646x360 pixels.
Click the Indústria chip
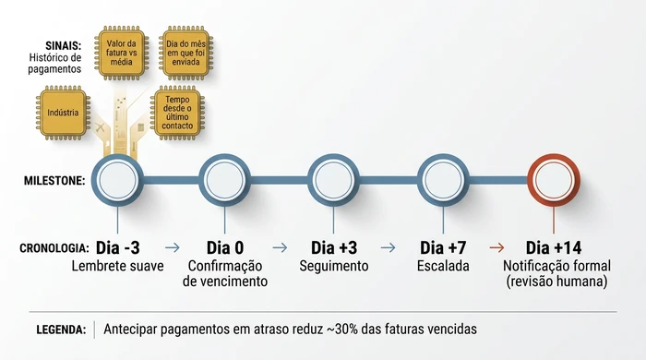62,114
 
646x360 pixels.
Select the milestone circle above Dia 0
225,179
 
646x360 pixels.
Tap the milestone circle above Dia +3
334,179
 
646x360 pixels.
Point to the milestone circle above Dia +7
444,179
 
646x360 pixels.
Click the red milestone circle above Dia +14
553,179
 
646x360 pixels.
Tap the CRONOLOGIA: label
54,248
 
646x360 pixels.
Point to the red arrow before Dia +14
496,247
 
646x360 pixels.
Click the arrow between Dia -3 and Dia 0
172,247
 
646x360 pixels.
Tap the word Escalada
444,266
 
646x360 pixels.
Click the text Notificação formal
554,267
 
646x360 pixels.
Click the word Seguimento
334,267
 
